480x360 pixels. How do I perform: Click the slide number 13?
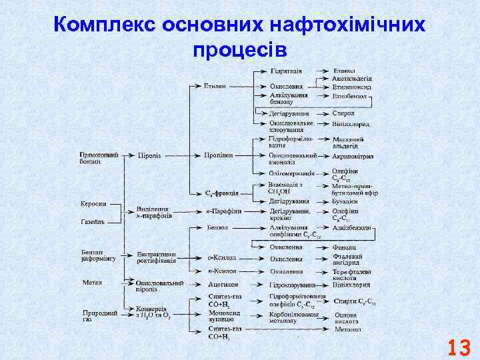(459, 347)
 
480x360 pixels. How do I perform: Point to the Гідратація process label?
(287, 71)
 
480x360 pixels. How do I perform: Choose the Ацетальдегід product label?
(351, 79)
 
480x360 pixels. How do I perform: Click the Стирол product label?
(343, 114)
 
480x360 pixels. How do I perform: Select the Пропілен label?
(218, 155)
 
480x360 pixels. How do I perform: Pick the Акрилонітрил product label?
(353, 157)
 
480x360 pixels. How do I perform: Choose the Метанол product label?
(347, 329)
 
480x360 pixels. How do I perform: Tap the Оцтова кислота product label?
(347, 317)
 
